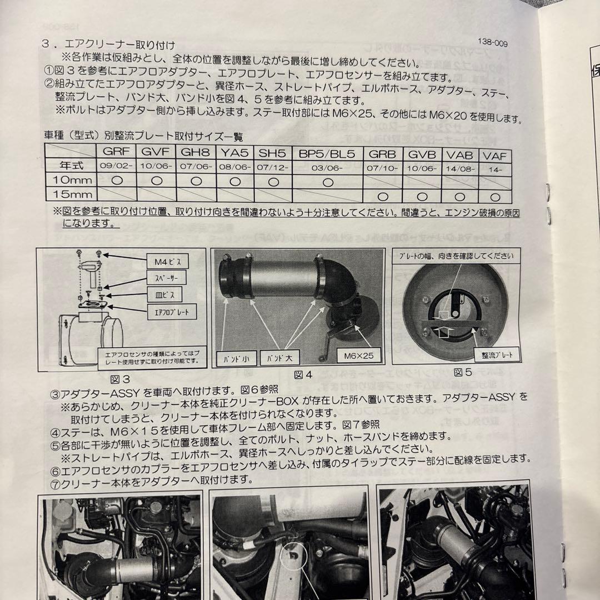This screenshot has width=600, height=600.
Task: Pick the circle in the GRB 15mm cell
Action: tap(382, 197)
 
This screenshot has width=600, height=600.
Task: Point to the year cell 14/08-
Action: tap(459, 167)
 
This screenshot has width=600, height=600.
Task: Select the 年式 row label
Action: tap(71, 164)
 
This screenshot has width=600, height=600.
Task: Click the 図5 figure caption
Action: tap(466, 372)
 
